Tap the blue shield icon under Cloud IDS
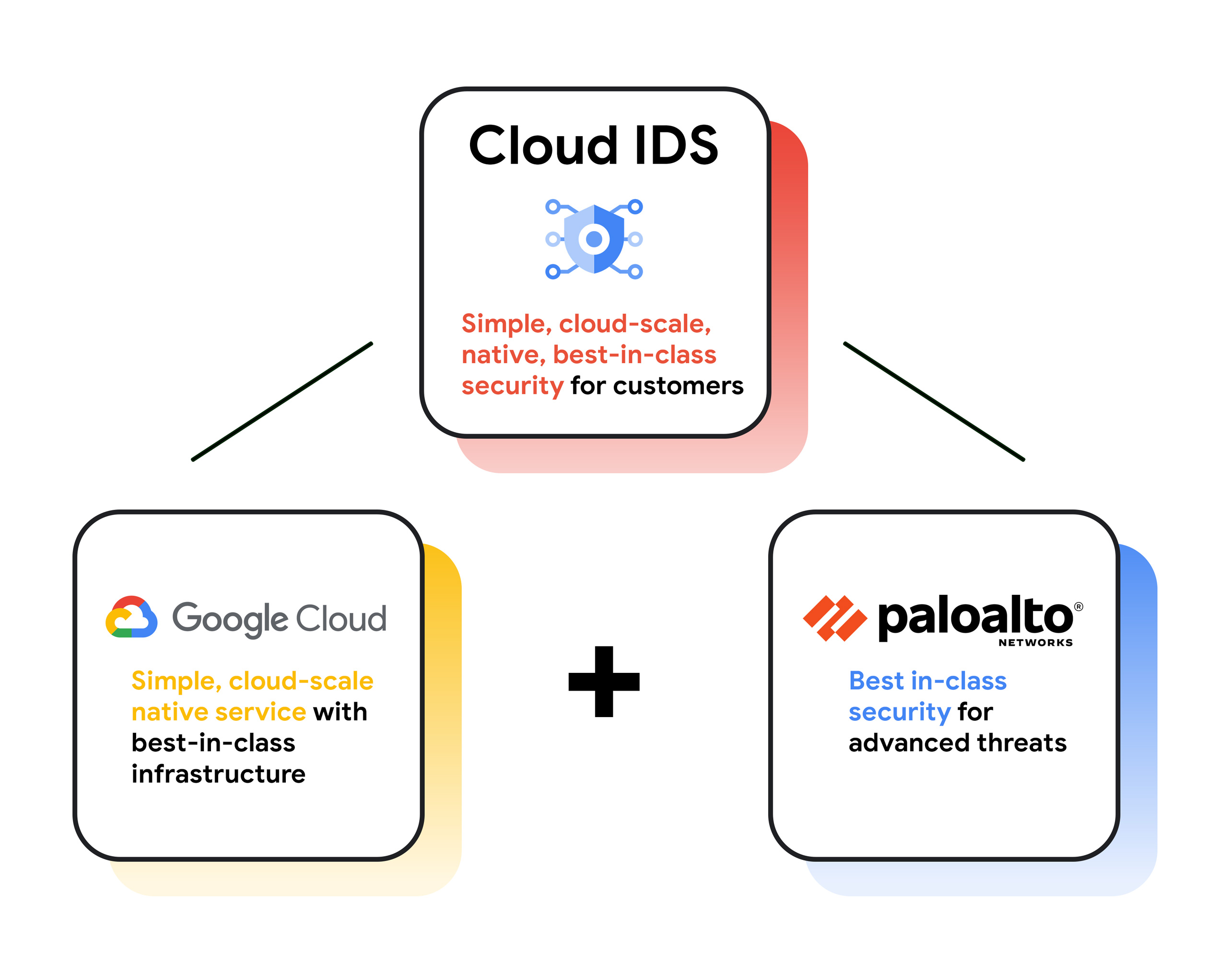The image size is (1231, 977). pyautogui.click(x=594, y=239)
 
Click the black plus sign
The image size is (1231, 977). pyautogui.click(x=603, y=681)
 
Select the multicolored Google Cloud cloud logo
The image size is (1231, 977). pyautogui.click(x=131, y=617)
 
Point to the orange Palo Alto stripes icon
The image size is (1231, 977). pyautogui.click(x=834, y=618)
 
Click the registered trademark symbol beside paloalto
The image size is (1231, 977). pyautogui.click(x=1079, y=606)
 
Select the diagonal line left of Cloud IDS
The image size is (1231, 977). pyautogui.click(x=282, y=401)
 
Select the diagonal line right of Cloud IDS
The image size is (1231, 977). pyautogui.click(x=934, y=401)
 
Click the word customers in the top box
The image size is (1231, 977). pyautogui.click(x=678, y=386)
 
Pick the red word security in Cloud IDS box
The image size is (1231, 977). pyautogui.click(x=512, y=386)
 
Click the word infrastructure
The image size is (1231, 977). pyautogui.click(x=218, y=774)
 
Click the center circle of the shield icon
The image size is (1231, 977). pyautogui.click(x=594, y=239)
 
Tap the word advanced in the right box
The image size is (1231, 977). pyautogui.click(x=909, y=743)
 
